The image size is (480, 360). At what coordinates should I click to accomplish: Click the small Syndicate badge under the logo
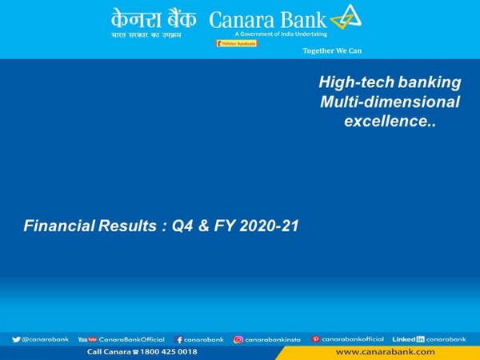point(236,43)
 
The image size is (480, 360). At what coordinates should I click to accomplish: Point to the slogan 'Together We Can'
point(331,50)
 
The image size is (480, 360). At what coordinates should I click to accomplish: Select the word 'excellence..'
point(390,122)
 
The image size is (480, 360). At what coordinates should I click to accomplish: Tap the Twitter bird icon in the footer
point(17,339)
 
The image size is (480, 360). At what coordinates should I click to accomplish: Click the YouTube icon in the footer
point(86,339)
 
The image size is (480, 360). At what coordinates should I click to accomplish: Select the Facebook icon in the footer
point(179,339)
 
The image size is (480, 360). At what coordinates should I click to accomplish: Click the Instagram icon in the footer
point(238,339)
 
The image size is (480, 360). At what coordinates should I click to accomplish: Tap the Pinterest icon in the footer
point(316,339)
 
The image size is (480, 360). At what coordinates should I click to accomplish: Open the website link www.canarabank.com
point(386,352)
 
